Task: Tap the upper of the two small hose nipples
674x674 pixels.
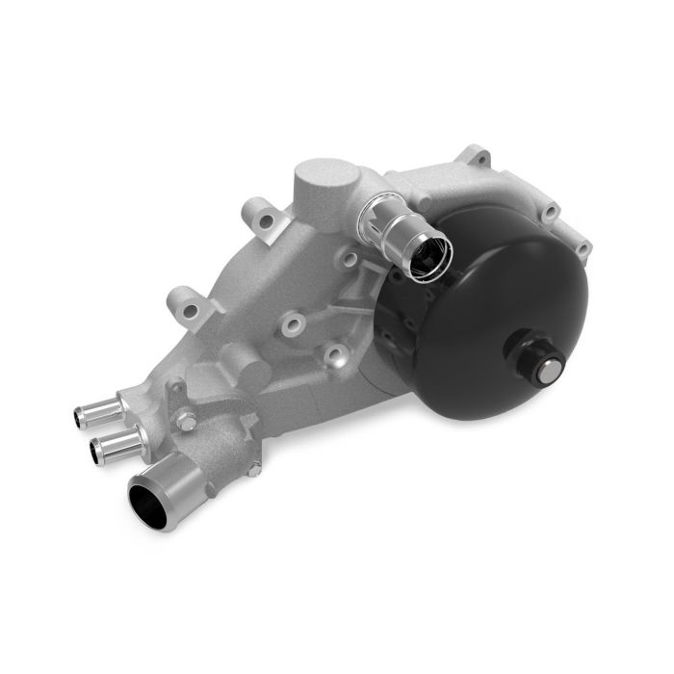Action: (x=96, y=411)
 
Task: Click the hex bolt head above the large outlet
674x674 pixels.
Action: (x=187, y=422)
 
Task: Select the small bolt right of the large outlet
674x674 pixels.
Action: (x=253, y=469)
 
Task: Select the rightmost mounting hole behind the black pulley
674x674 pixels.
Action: (x=582, y=247)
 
